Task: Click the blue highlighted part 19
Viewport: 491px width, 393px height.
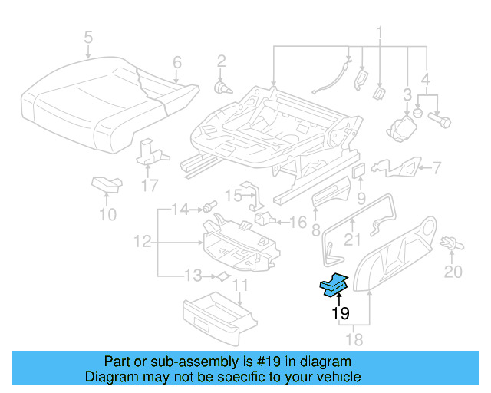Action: (x=334, y=286)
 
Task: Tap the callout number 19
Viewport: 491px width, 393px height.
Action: (x=340, y=313)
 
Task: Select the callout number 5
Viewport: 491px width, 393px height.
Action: (x=88, y=36)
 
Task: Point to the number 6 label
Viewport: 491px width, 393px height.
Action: (x=176, y=62)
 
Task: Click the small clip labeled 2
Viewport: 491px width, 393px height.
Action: (x=222, y=87)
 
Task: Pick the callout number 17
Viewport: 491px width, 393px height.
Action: (x=150, y=185)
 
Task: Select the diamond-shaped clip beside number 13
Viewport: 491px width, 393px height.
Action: (x=222, y=276)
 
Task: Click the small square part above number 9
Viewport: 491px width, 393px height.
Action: (x=359, y=170)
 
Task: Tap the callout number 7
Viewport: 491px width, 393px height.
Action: (x=434, y=167)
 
